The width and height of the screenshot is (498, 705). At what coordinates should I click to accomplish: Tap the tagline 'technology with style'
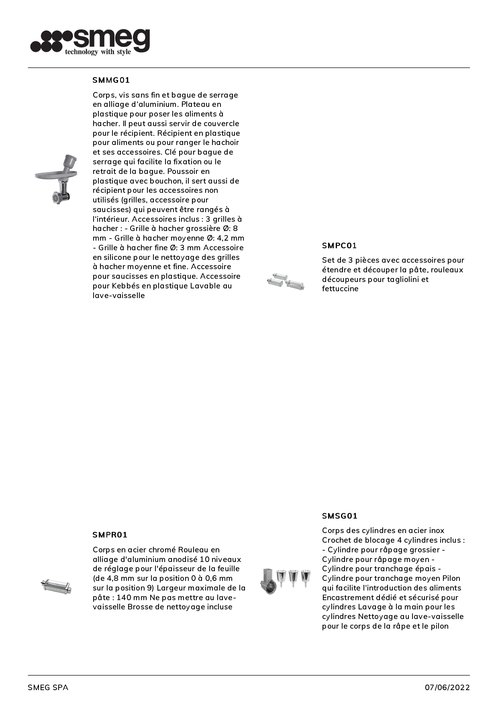coord(98,52)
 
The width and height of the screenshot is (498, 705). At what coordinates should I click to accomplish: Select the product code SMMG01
coord(111,80)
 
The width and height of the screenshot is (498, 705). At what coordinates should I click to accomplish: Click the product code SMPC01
coord(339,245)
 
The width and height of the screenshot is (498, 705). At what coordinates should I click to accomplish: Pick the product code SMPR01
coord(110,535)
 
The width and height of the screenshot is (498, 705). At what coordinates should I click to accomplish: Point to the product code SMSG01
coord(340,516)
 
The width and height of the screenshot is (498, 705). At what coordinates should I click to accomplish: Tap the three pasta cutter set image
coord(286,281)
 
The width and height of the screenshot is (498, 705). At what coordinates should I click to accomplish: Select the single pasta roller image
coord(57,586)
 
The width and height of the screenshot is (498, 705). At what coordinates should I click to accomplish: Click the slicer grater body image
coord(269,581)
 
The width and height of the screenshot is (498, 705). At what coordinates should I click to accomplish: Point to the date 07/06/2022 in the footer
coord(447,687)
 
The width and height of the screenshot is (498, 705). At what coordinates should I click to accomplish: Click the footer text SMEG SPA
coord(48,687)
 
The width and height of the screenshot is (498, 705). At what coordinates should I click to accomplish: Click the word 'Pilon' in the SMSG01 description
coord(451,578)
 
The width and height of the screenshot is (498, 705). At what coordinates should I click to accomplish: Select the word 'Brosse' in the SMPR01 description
coord(139,607)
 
